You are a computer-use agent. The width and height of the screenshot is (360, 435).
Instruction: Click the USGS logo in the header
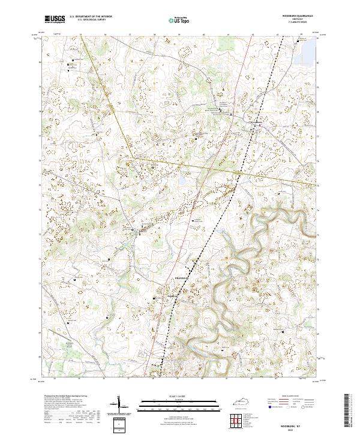(55, 19)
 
